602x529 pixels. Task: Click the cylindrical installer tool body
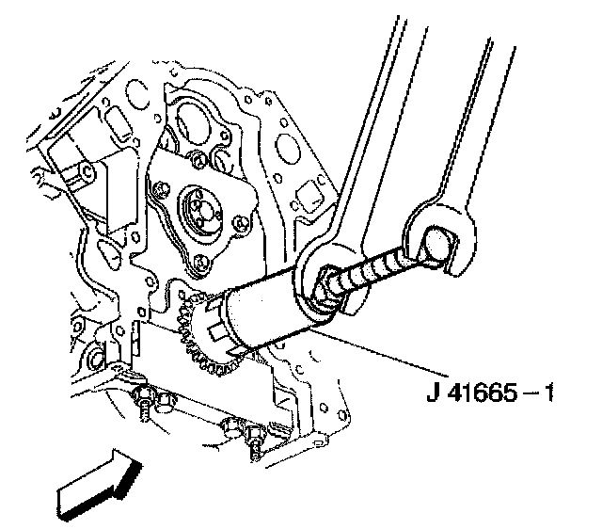click(267, 312)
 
